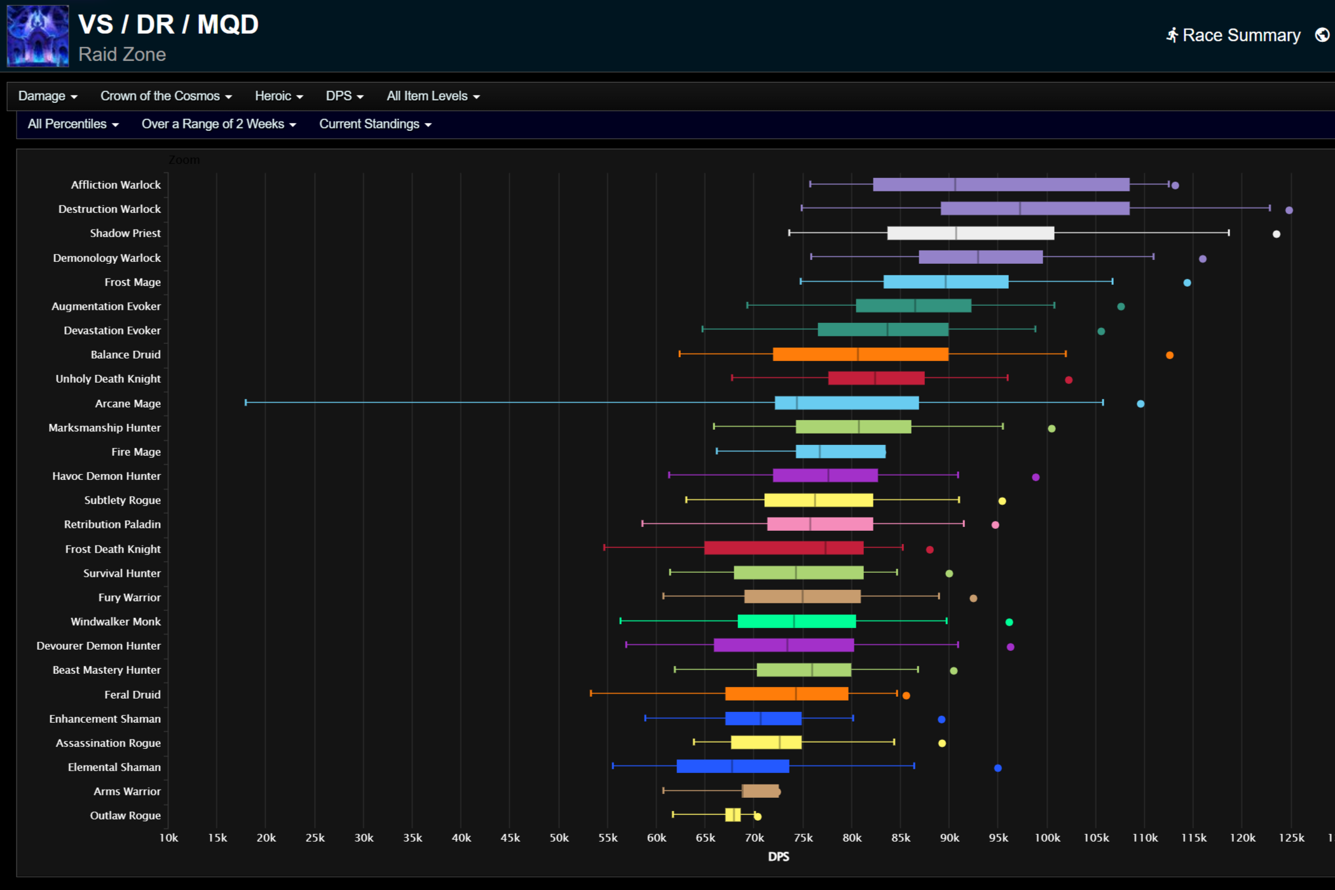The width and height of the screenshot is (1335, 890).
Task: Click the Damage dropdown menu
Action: click(48, 96)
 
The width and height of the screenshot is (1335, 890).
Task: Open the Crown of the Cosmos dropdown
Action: click(166, 96)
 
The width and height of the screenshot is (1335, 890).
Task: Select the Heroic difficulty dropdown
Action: click(278, 96)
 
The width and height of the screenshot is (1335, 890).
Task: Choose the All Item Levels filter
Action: click(433, 96)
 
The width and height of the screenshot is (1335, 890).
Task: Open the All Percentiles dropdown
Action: click(73, 124)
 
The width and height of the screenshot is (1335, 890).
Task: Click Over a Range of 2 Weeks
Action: click(219, 124)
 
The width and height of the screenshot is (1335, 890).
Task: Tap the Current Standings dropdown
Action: click(375, 124)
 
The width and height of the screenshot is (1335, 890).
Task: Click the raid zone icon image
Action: click(38, 36)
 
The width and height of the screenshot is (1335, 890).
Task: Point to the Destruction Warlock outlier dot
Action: click(1289, 210)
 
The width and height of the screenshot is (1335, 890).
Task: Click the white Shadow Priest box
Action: click(970, 233)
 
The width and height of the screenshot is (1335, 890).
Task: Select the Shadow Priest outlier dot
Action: click(1276, 234)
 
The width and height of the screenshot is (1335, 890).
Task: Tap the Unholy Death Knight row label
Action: click(108, 379)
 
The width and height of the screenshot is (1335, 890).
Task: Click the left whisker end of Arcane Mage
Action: click(246, 402)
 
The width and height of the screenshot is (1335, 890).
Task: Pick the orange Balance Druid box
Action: click(860, 354)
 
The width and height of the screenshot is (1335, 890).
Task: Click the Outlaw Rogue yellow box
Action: click(732, 815)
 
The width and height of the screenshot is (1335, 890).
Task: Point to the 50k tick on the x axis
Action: click(559, 838)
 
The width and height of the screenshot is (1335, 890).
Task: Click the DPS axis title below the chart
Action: click(778, 857)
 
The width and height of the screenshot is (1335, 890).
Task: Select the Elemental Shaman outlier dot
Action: click(997, 768)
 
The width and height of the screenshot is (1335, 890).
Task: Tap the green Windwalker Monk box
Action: click(797, 621)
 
